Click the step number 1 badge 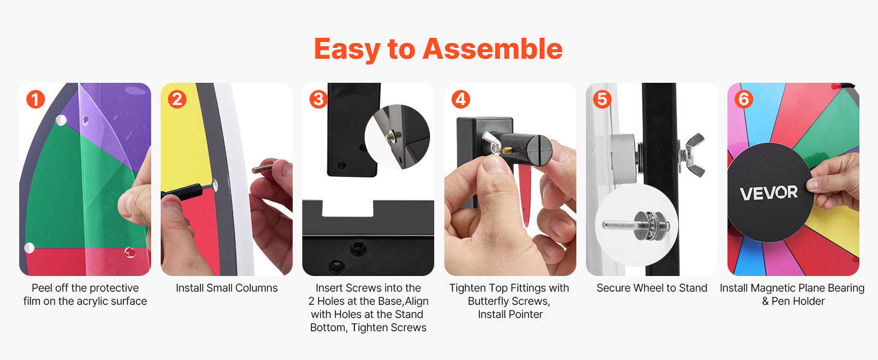pos(35,99)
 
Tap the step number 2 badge pos(177,99)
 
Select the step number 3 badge pos(318,99)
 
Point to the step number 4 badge pos(461,99)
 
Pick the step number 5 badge pos(602,99)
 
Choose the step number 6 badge pos(744,99)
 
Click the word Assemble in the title pos(493,49)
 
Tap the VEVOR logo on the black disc pos(769,193)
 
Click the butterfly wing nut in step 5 pos(692,155)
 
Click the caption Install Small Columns pos(227,288)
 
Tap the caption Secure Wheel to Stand pos(652,288)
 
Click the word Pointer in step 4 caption pos(525,314)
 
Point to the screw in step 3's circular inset pos(393,136)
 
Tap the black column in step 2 pos(182,191)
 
